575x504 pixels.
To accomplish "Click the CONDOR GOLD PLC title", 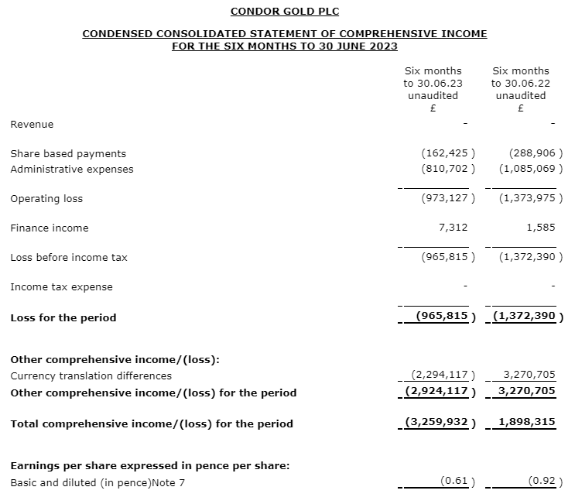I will (x=285, y=11).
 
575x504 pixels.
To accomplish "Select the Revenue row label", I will (x=32, y=124).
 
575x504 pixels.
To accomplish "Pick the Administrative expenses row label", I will (x=71, y=169).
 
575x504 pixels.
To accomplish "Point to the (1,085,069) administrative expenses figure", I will (x=531, y=169).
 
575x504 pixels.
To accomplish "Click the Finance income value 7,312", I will (x=452, y=228).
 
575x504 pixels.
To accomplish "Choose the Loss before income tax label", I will (x=68, y=257).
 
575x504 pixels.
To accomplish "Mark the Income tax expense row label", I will (x=61, y=286).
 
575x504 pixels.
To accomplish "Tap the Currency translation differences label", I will (x=91, y=375).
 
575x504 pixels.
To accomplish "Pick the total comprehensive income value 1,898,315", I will (x=529, y=423).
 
